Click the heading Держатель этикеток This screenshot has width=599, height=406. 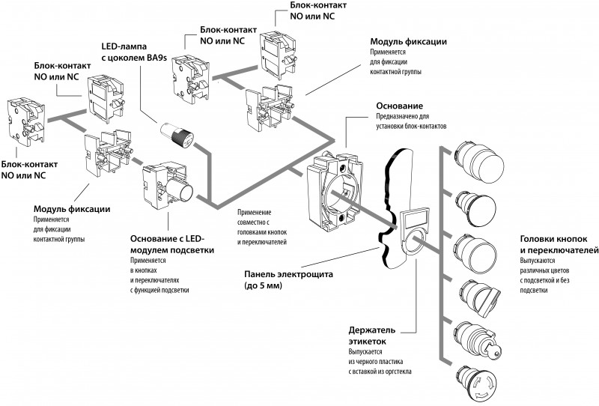381,334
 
